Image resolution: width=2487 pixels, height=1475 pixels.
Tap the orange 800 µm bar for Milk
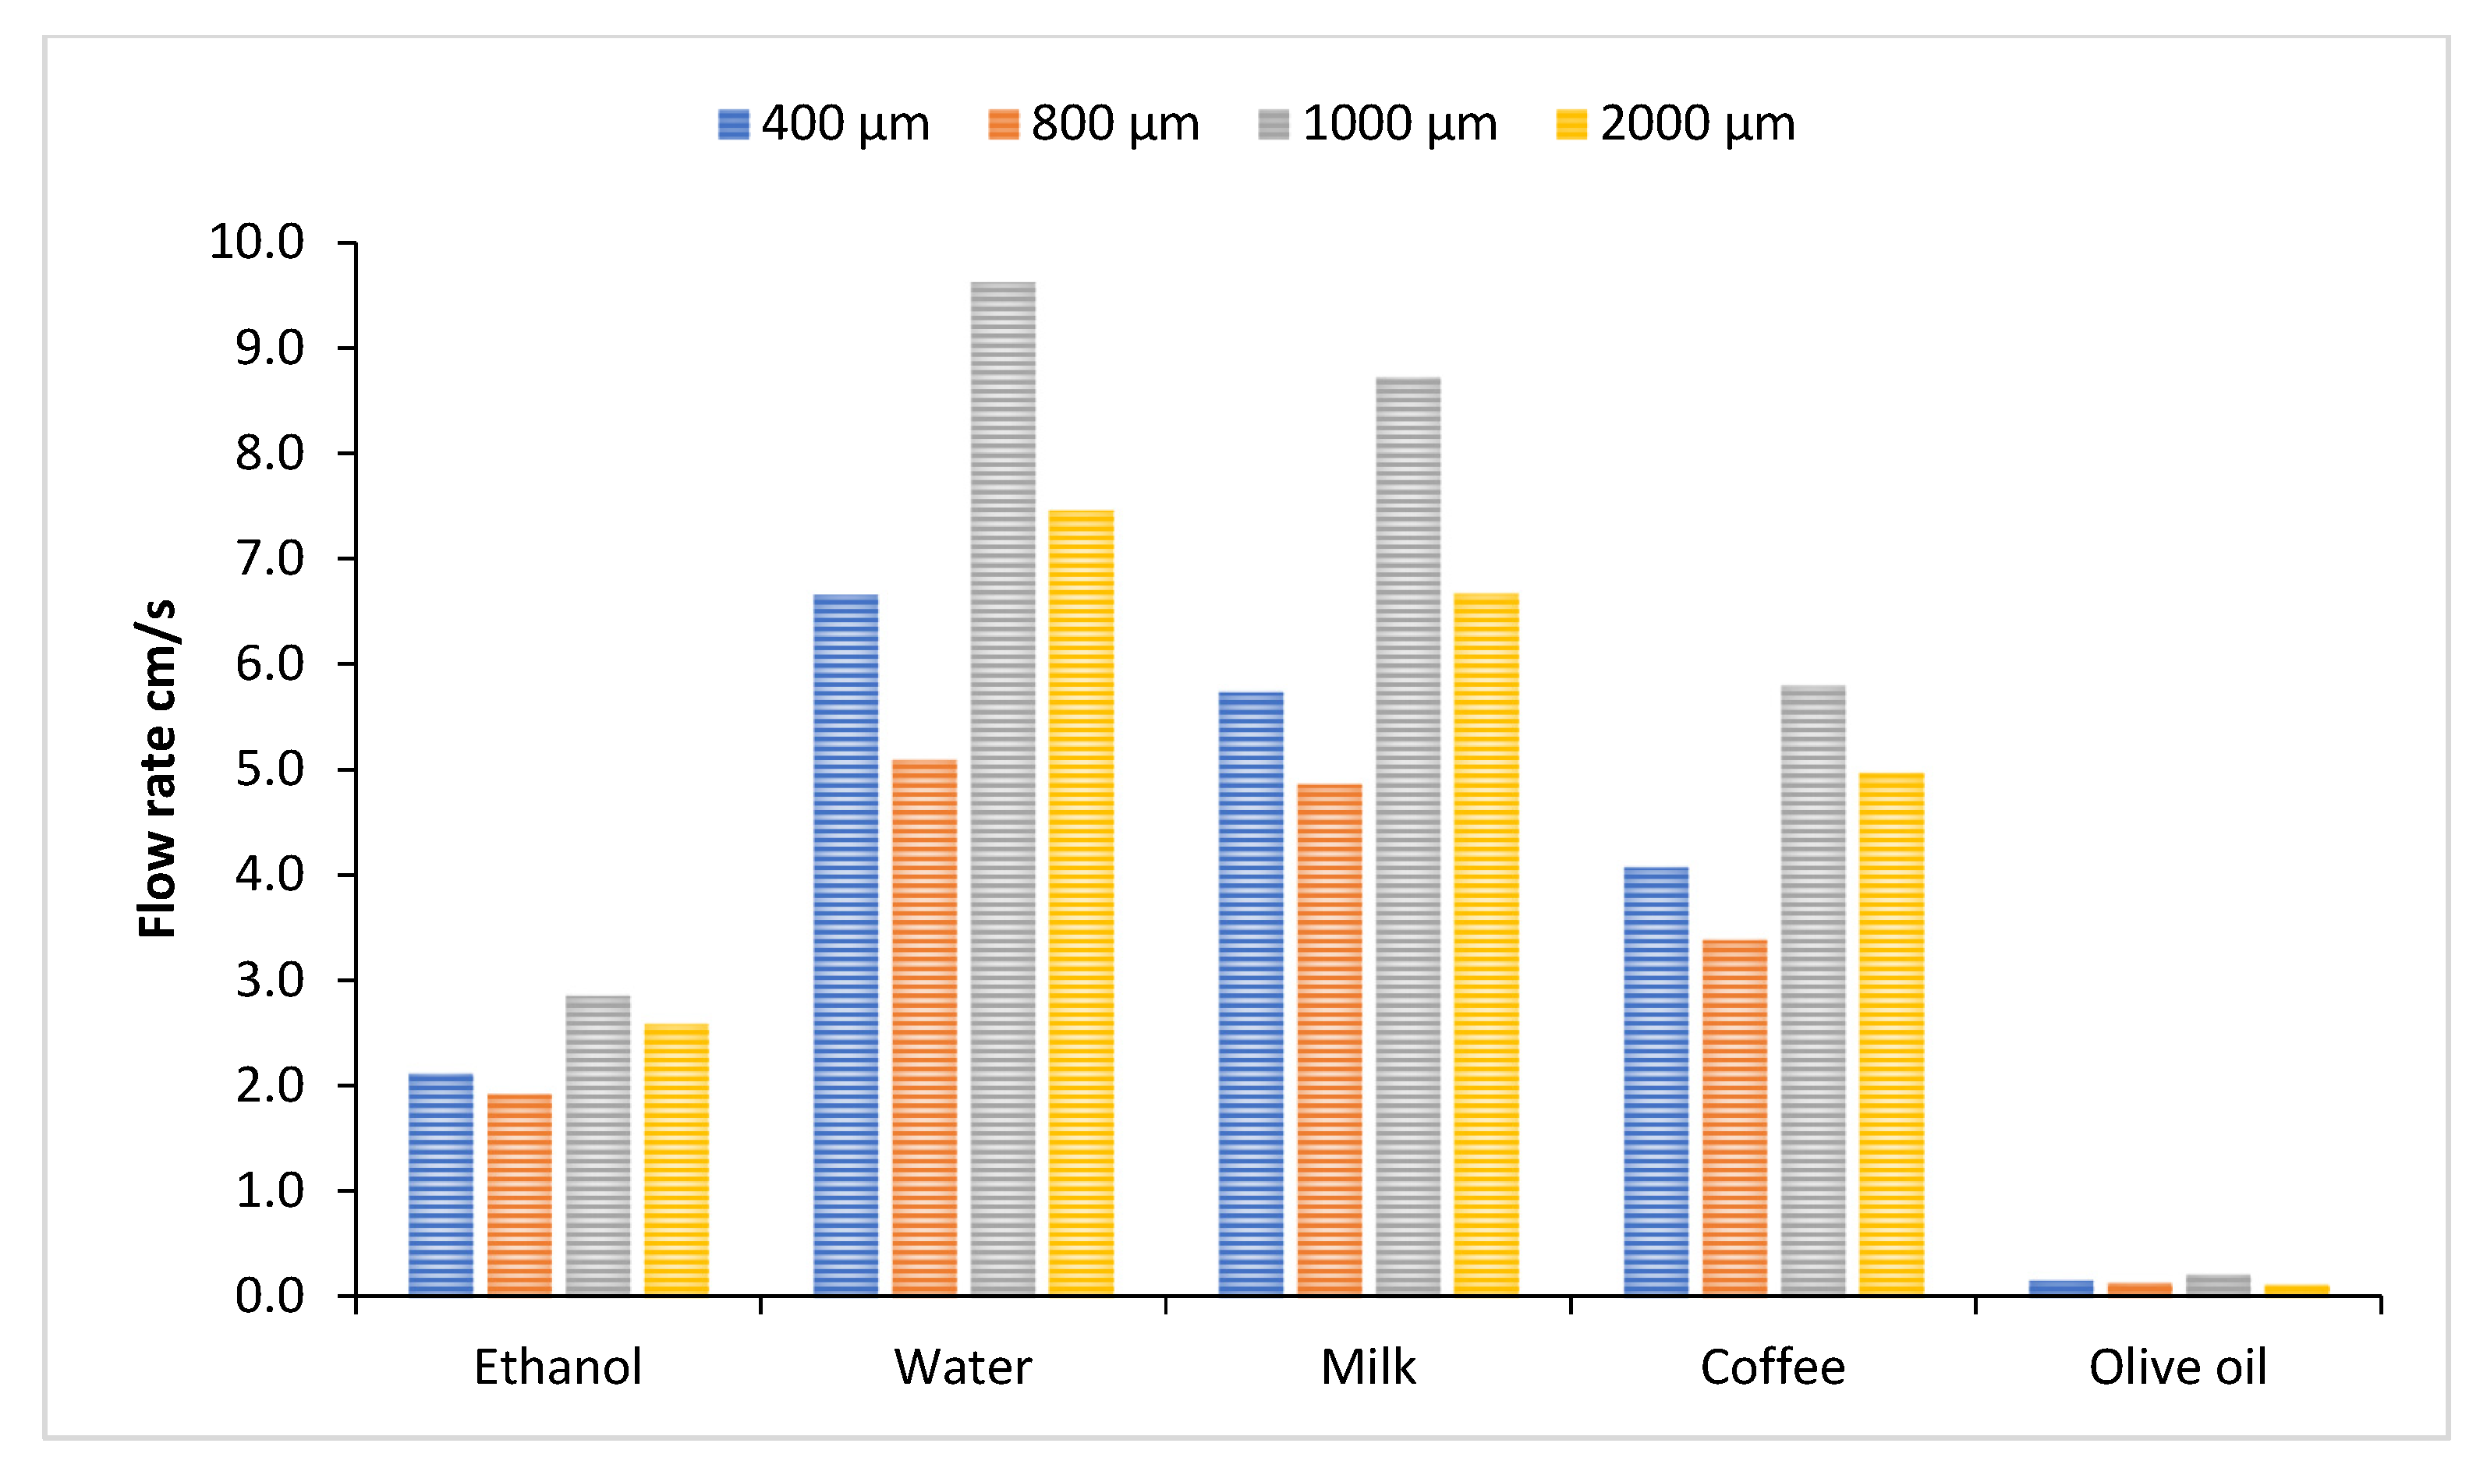point(1329,1040)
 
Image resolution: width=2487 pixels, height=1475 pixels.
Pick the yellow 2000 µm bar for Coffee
point(1890,1034)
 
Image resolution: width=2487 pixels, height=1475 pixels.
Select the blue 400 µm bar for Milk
point(1250,994)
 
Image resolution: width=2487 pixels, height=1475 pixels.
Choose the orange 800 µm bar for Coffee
point(1734,1117)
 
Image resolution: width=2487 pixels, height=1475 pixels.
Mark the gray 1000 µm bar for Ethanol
point(597,1145)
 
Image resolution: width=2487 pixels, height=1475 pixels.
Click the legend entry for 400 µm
point(824,124)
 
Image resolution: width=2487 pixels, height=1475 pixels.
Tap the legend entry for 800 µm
point(1093,124)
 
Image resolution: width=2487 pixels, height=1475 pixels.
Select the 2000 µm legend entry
point(1676,124)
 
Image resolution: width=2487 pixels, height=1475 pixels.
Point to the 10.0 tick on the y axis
point(269,242)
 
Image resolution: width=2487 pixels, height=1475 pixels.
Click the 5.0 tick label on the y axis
point(269,769)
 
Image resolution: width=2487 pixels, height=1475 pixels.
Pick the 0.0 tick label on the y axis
point(269,1297)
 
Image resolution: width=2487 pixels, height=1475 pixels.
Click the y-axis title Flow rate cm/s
point(156,769)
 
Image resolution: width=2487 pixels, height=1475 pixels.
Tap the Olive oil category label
point(2177,1367)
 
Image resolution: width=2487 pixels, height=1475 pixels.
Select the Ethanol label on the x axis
point(558,1367)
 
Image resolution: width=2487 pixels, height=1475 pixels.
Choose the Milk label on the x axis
point(1368,1367)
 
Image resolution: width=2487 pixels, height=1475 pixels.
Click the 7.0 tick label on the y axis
point(269,559)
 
